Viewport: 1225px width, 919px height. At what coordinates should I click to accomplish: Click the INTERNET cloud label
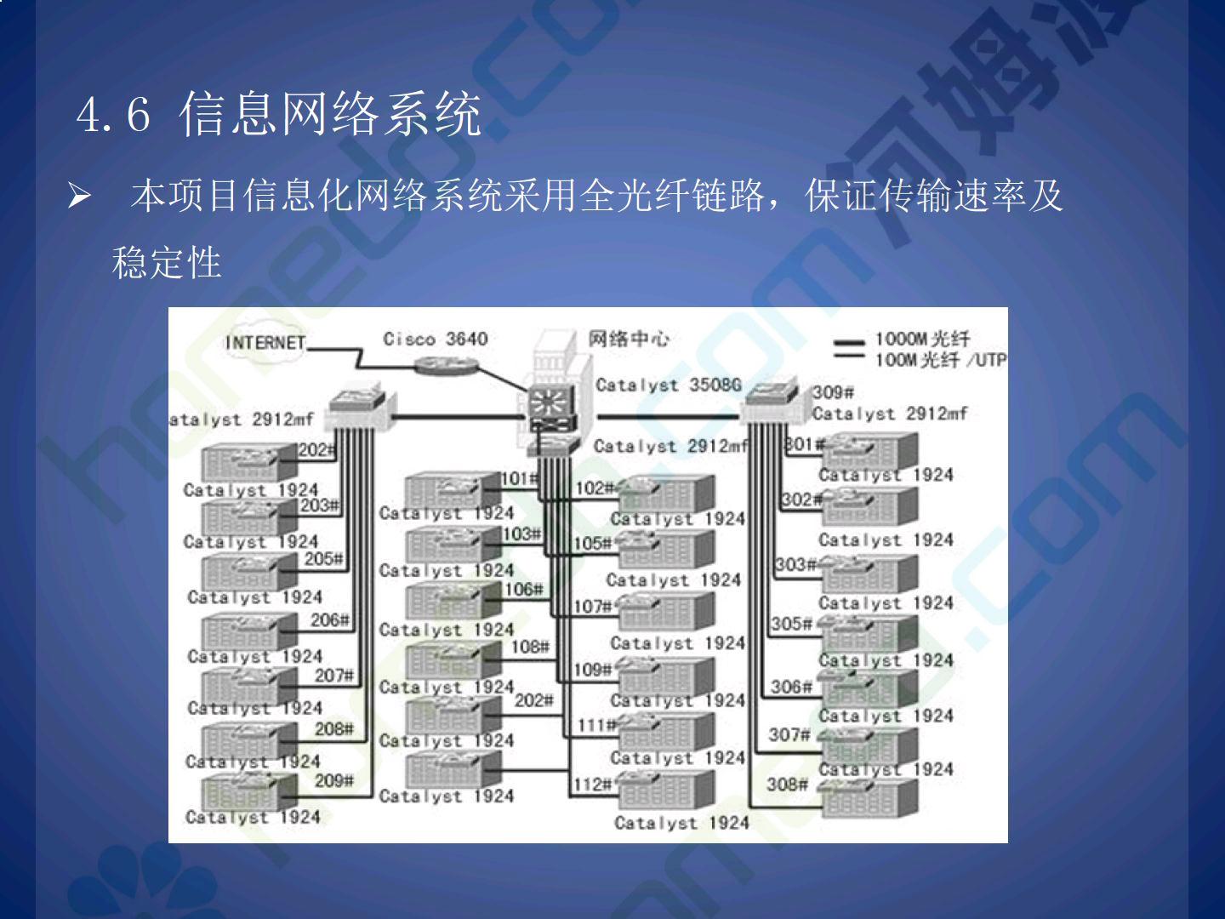tap(265, 343)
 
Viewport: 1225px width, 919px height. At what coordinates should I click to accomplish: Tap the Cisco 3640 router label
tap(435, 339)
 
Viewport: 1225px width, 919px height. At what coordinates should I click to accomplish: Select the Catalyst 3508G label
tap(668, 385)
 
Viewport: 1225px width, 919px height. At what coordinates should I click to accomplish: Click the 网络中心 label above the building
tap(629, 340)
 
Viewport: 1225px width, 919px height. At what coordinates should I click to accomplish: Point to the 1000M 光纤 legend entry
tap(922, 340)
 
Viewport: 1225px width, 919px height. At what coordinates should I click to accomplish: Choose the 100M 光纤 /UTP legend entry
tap(940, 360)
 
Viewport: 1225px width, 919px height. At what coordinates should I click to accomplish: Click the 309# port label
tap(833, 392)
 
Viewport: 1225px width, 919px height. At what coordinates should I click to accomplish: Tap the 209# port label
tap(333, 780)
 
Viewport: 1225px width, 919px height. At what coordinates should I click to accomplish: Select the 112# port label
tap(592, 784)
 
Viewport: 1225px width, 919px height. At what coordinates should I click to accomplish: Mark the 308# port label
tap(787, 784)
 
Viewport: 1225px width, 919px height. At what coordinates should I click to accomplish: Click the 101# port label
tap(519, 479)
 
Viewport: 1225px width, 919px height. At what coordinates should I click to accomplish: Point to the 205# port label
tap(323, 559)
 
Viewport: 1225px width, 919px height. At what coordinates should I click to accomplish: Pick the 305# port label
tap(791, 624)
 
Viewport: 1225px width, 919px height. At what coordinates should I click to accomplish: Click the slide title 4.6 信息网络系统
tap(279, 114)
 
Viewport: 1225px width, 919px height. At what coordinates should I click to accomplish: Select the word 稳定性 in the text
tap(167, 262)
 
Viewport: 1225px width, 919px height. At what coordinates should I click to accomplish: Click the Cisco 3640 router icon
tap(445, 364)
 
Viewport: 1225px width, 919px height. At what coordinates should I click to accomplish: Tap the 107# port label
tap(592, 607)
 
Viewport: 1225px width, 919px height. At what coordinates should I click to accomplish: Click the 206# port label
tap(329, 620)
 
